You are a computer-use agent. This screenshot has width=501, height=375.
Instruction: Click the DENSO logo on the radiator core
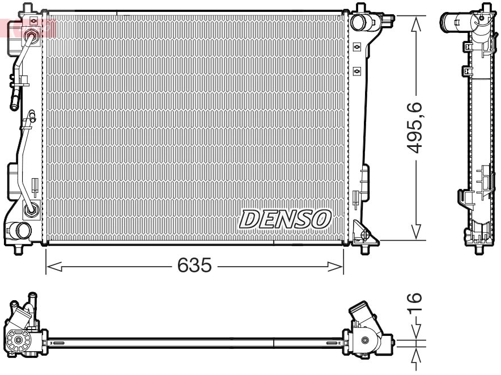pos(286,218)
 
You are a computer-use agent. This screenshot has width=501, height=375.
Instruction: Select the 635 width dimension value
pos(194,265)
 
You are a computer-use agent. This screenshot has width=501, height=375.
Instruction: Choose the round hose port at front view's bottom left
pos(23,230)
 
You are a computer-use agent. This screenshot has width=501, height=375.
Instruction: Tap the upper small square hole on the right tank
pos(356,47)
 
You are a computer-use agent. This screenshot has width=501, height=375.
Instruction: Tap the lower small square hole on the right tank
pos(356,70)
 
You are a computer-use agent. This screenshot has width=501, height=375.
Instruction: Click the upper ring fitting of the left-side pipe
pos(32,37)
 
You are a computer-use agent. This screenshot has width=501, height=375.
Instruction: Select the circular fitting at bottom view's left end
pos(19,341)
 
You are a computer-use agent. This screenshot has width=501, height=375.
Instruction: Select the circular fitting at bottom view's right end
pos(366,341)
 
